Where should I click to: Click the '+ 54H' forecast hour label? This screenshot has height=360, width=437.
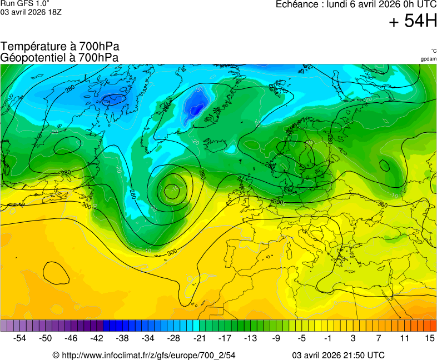(x=413, y=21)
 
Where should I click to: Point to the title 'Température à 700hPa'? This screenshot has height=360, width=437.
(x=60, y=47)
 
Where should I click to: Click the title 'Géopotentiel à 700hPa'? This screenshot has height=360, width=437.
(x=60, y=57)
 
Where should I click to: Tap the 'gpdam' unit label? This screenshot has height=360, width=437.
(x=428, y=59)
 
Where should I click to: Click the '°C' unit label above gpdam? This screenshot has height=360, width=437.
(x=433, y=51)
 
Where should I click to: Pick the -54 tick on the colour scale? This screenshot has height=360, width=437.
(x=20, y=338)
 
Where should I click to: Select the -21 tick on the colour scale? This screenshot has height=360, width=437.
(x=199, y=338)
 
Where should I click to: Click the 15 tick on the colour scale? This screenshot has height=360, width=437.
(x=429, y=338)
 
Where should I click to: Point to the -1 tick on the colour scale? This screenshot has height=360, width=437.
(x=328, y=338)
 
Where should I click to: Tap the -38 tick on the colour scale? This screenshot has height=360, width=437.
(x=122, y=338)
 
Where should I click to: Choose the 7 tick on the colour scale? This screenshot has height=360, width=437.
(x=379, y=338)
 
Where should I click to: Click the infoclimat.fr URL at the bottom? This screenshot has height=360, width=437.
(x=144, y=355)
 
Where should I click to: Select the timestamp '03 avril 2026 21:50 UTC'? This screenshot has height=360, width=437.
(x=338, y=355)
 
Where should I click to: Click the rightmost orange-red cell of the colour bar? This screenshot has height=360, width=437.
(x=433, y=326)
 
